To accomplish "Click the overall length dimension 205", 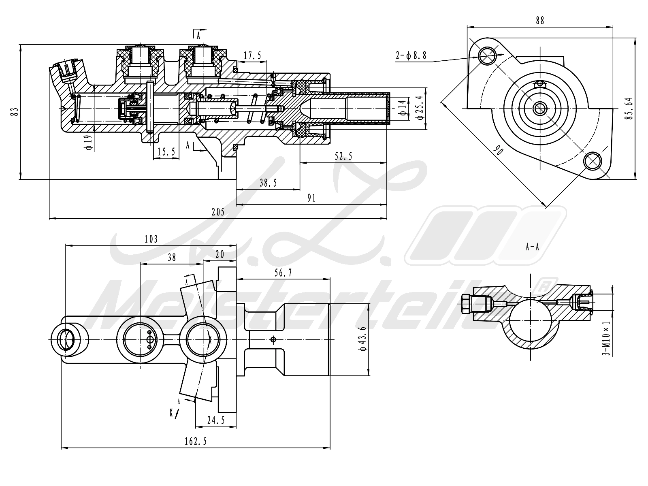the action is coord(218,212).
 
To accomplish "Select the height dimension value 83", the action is coord(15,112).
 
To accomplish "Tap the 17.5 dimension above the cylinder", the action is coord(252,55).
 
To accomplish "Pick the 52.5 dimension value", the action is coord(343,156).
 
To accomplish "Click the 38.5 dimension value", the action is coord(268,183).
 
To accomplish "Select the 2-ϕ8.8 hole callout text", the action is coord(411,55).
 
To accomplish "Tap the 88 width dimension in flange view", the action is coord(540,20).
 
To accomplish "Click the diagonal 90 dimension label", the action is coord(498,151).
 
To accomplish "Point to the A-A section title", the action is coord(532,247).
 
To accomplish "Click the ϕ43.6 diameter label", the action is coord(363,339).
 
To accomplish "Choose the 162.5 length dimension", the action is coord(196,441).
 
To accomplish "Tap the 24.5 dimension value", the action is coord(216,420).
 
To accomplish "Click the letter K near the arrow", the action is coord(172,413).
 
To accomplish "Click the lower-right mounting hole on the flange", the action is coord(593,161).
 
